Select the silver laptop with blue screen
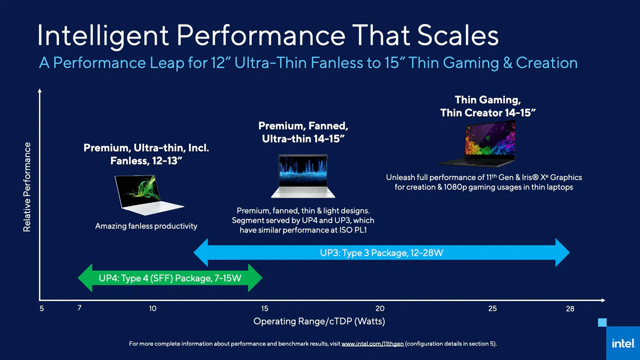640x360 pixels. click(303, 176)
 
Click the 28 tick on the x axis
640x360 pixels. click(570, 309)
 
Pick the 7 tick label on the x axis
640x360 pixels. click(80, 308)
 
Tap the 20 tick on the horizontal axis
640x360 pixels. click(380, 309)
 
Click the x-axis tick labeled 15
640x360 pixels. click(265, 309)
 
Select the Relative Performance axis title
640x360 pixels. click(27, 187)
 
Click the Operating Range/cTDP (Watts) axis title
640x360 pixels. click(319, 321)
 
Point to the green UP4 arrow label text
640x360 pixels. click(170, 278)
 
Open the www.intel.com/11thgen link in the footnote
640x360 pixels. click(372, 344)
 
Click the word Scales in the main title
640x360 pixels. click(458, 35)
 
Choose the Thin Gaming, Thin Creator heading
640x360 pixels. click(488, 106)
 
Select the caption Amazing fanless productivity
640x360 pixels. click(146, 226)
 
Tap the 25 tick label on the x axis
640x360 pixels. click(492, 309)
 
